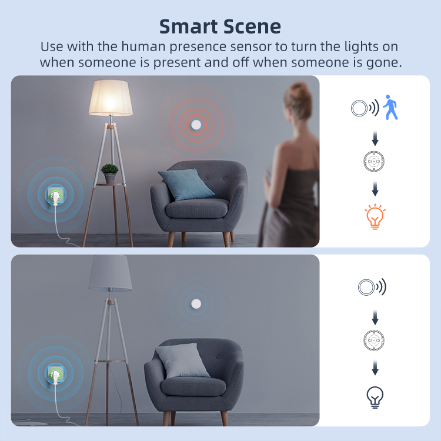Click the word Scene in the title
(252, 26)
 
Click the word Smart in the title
(189, 26)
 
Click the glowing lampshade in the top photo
(111, 98)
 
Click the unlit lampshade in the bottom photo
(110, 273)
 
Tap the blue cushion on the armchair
(186, 184)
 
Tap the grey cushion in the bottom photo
(182, 360)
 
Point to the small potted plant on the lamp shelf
(110, 173)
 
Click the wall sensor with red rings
(196, 125)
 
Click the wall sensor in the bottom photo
(196, 304)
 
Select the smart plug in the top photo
(55, 195)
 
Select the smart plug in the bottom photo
(55, 375)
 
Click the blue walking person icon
(390, 107)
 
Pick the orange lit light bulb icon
(375, 217)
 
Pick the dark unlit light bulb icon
(375, 397)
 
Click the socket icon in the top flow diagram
(374, 161)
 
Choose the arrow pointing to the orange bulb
(375, 189)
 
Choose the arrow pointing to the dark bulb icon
(375, 368)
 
